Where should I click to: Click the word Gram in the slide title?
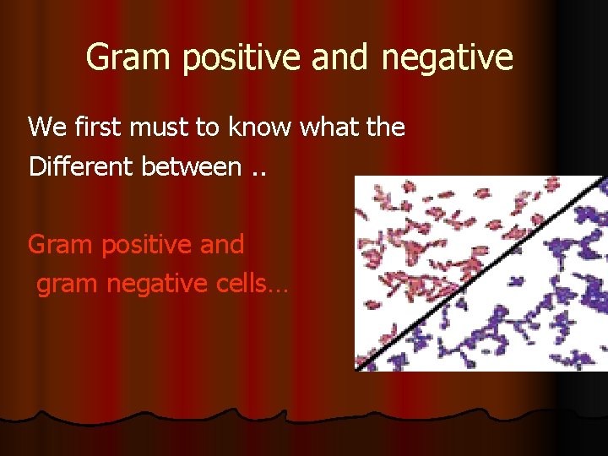(x=122, y=57)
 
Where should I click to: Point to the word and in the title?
(x=339, y=57)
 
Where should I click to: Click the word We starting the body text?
(x=45, y=128)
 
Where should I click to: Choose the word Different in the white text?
(x=81, y=166)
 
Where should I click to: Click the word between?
(x=191, y=166)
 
